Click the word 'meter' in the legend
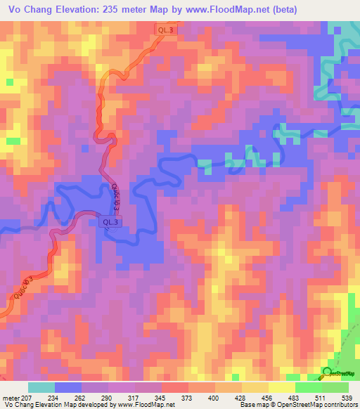pyautogui.click(x=11, y=397)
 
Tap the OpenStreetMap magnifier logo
pyautogui.click(x=328, y=372)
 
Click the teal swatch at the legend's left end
pyautogui.click(x=41, y=387)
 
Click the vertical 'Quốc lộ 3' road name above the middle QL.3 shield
pyautogui.click(x=115, y=196)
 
